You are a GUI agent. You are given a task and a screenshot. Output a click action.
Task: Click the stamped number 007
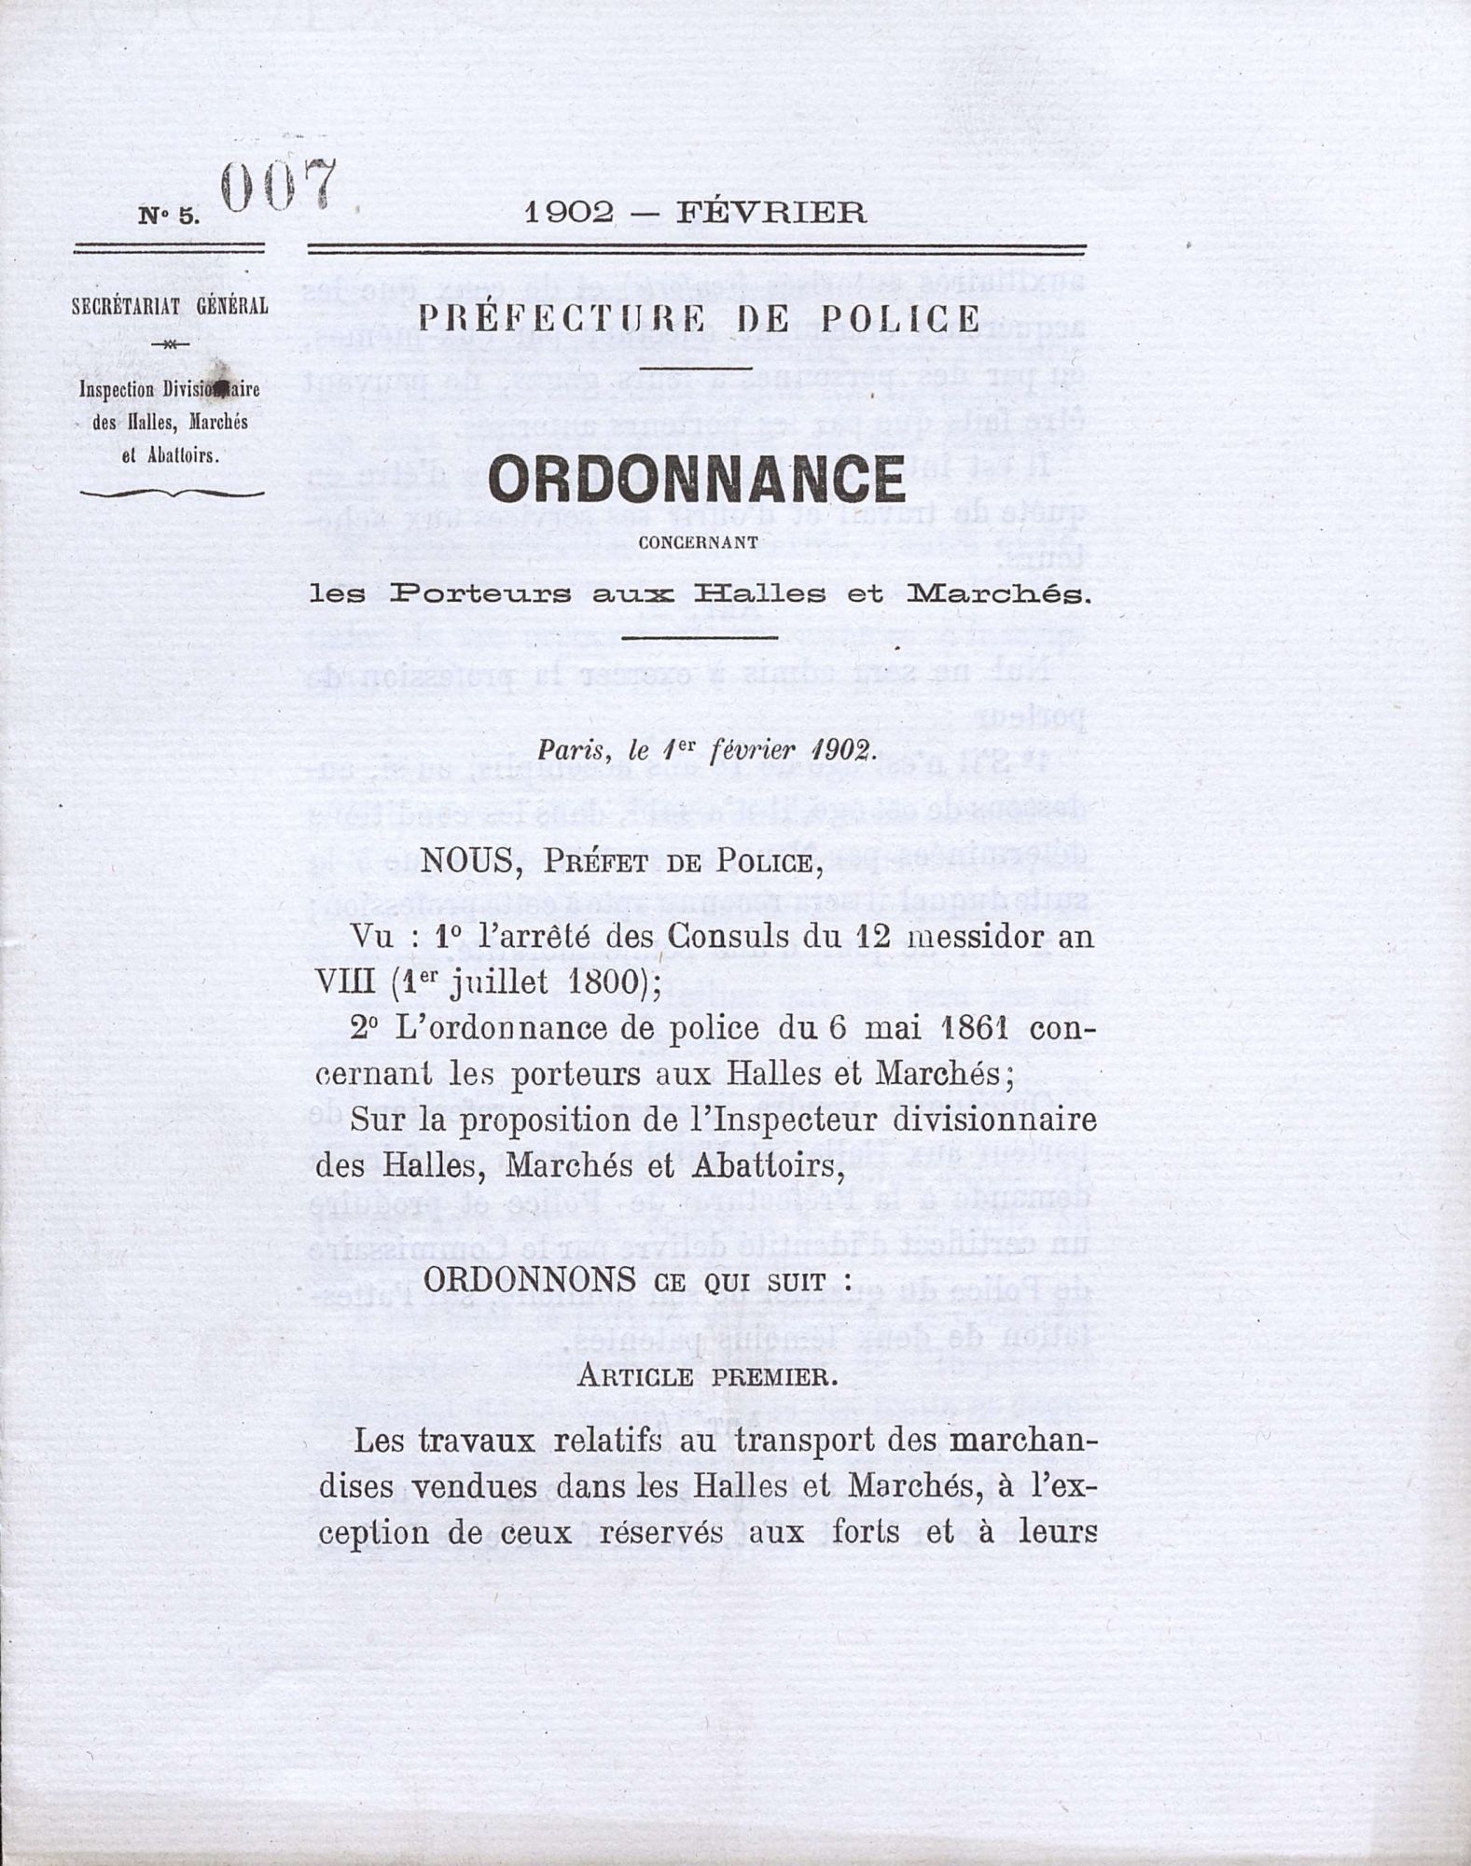pyautogui.click(x=277, y=188)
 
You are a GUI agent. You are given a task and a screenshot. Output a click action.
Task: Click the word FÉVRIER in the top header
pyautogui.click(x=770, y=214)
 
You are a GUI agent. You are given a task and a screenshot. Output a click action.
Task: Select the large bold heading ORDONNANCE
pyautogui.click(x=696, y=480)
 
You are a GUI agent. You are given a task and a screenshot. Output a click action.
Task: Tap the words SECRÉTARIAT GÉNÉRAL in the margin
pyautogui.click(x=170, y=306)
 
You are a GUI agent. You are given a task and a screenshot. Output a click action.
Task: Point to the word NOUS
pyautogui.click(x=465, y=861)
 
